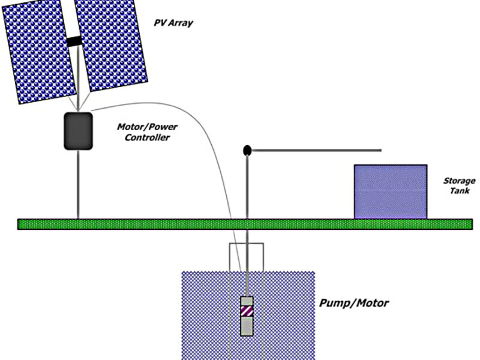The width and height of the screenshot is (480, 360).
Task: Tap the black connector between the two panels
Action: pyautogui.click(x=74, y=41)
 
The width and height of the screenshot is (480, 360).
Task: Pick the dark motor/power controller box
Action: pyautogui.click(x=78, y=130)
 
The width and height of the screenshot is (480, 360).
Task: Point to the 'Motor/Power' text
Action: pyautogui.click(x=142, y=127)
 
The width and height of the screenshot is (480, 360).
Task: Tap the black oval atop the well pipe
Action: pyautogui.click(x=247, y=150)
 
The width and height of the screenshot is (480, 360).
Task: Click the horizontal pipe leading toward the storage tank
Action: pyautogui.click(x=318, y=149)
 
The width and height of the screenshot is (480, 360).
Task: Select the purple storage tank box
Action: pyautogui.click(x=390, y=191)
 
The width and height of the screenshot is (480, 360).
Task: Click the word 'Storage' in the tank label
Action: pyautogui.click(x=459, y=181)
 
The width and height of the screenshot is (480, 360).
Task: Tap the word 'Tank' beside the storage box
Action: pyautogui.click(x=462, y=191)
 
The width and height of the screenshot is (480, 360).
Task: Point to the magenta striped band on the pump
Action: pyautogui.click(x=247, y=311)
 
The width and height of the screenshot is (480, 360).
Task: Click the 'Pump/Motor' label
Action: pyautogui.click(x=353, y=303)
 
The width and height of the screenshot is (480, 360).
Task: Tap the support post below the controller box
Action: pyautogui.click(x=78, y=183)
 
